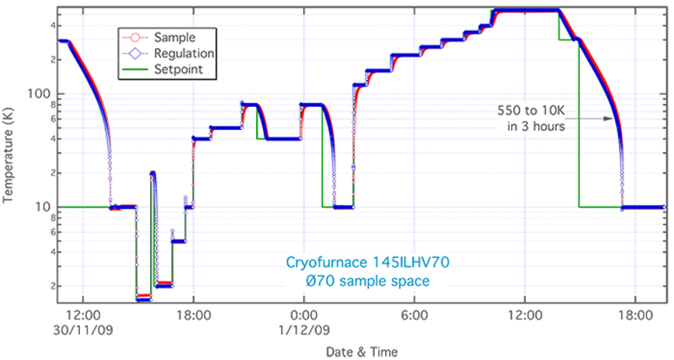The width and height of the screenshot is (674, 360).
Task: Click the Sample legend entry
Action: pos(175,38)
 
